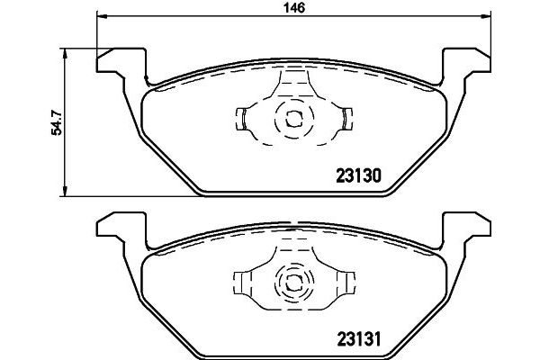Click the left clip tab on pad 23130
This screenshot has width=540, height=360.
(242, 117)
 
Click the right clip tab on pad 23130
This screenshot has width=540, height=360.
(346, 117)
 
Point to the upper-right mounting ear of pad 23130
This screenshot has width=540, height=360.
(470, 61)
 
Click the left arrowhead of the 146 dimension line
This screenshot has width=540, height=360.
(99, 17)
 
